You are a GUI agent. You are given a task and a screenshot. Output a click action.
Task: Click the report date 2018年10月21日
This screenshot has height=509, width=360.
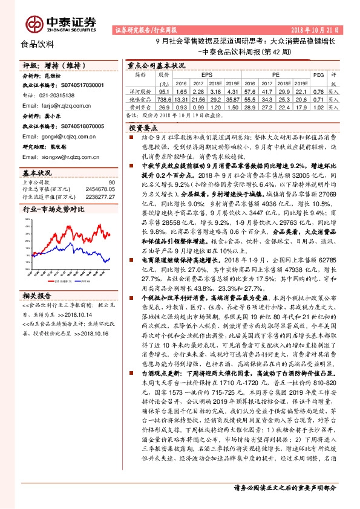(x=319, y=29)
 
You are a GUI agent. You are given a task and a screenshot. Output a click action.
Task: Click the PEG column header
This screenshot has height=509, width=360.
(x=318, y=75)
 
